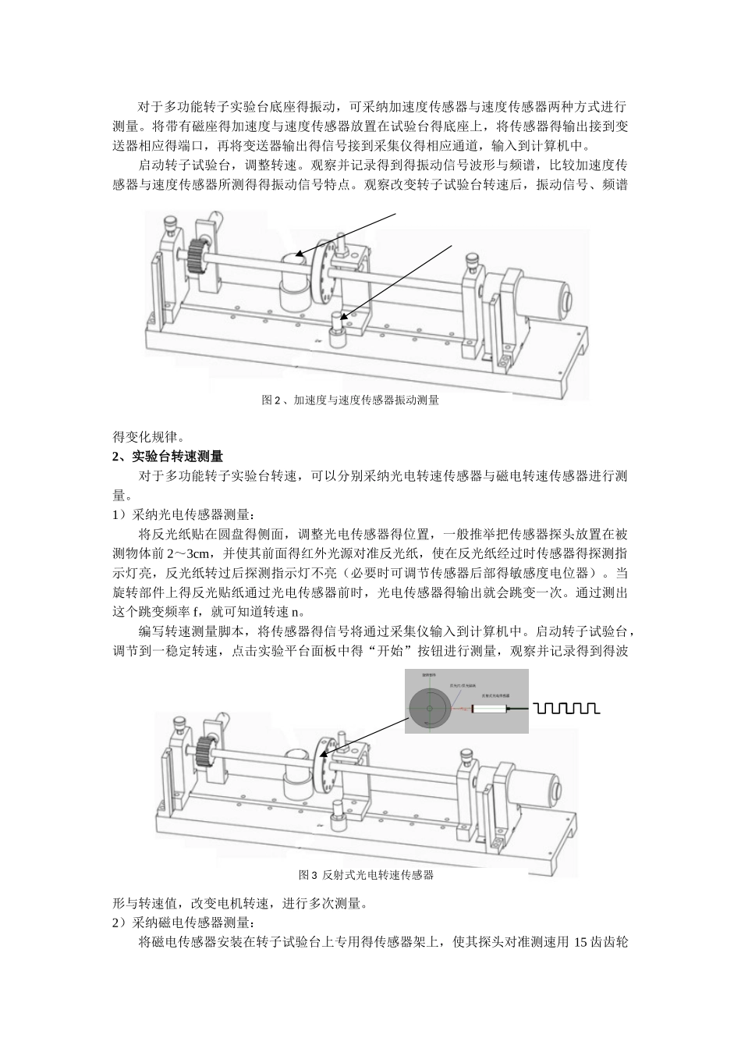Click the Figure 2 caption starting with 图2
coord(350,400)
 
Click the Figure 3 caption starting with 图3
coord(366,875)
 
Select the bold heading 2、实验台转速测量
coord(168,456)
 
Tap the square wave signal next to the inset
coord(566,708)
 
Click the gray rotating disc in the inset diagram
coord(430,707)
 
